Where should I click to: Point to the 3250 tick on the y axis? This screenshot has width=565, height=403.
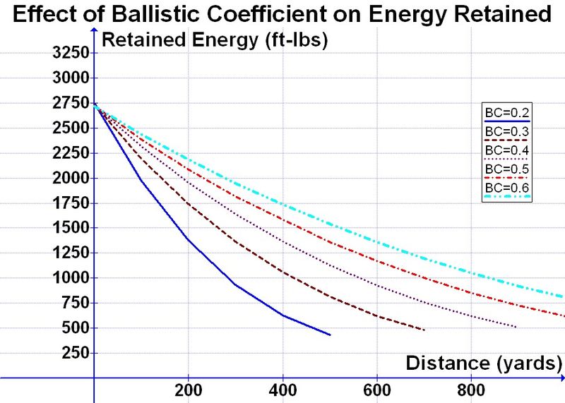[x=69, y=53]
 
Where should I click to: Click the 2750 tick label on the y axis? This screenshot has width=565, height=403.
[x=69, y=103]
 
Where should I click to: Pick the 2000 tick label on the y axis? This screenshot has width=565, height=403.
[x=69, y=178]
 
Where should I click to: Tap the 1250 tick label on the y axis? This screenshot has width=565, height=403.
[x=69, y=253]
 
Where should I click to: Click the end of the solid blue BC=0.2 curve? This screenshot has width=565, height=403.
[x=330, y=335]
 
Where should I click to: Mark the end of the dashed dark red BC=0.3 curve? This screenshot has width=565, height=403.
[x=424, y=330]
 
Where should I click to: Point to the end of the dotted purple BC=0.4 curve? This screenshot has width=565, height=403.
[x=517, y=327]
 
